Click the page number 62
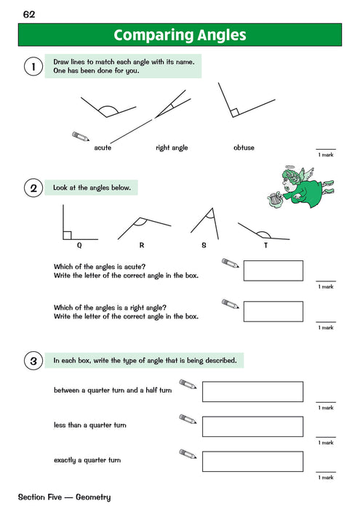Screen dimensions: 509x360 (30, 15)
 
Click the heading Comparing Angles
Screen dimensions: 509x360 (180, 35)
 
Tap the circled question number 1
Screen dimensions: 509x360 (31, 67)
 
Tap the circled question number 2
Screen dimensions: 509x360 (31, 189)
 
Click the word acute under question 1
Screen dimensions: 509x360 (103, 148)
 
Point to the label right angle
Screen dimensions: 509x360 (172, 148)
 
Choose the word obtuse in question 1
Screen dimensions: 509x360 (244, 148)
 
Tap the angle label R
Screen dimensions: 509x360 (141, 246)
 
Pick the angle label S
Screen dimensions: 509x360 (204, 246)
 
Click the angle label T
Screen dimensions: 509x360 (265, 246)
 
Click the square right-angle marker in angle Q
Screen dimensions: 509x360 (67, 235)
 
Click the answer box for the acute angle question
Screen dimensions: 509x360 (273, 270)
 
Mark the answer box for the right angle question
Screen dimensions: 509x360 (273, 311)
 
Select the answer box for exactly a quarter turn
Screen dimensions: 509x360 (252, 461)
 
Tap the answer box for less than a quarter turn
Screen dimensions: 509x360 (252, 426)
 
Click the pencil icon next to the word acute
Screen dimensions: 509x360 (81, 137)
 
